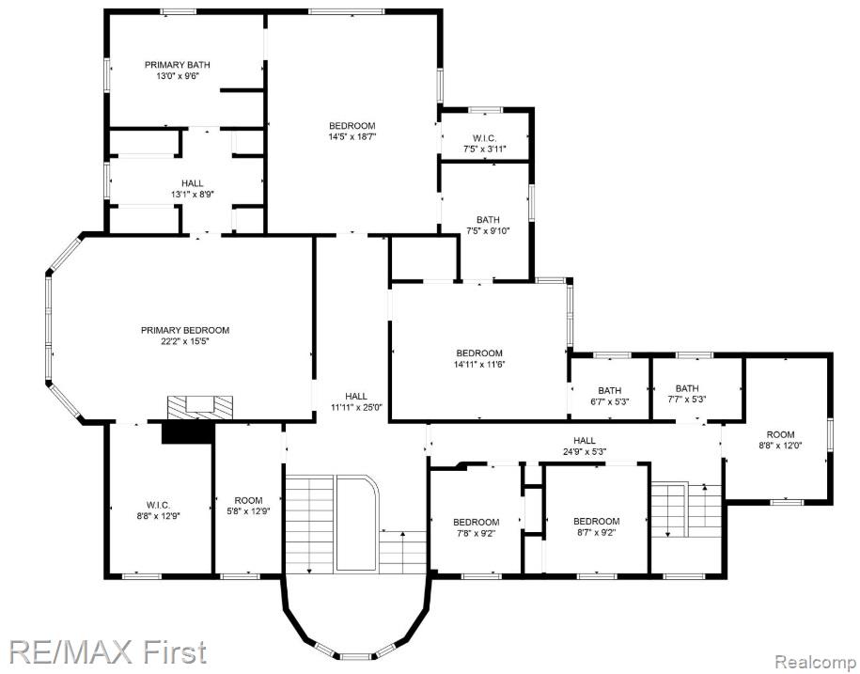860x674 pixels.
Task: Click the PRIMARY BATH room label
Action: [177, 65]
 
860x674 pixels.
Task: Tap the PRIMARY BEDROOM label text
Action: [185, 330]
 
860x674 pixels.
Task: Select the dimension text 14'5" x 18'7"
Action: [352, 136]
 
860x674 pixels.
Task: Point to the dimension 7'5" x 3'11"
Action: [484, 149]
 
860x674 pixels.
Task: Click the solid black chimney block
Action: [187, 432]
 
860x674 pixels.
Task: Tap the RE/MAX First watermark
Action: [107, 651]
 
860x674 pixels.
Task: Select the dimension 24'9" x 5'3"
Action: [584, 452]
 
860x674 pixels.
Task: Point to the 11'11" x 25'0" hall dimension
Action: [356, 407]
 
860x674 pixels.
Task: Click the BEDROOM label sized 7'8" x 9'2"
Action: [477, 522]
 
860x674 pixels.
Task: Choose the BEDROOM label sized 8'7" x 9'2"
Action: [596, 521]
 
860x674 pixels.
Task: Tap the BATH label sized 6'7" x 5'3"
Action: [609, 390]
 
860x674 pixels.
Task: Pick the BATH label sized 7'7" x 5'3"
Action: [687, 388]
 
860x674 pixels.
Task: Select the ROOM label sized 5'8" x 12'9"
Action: [248, 500]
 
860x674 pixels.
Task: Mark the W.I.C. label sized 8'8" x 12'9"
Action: [159, 505]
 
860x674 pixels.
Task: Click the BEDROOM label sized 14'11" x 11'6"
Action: [479, 353]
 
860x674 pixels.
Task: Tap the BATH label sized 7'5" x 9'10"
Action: [488, 220]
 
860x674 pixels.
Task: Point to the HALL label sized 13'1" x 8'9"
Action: [192, 183]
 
